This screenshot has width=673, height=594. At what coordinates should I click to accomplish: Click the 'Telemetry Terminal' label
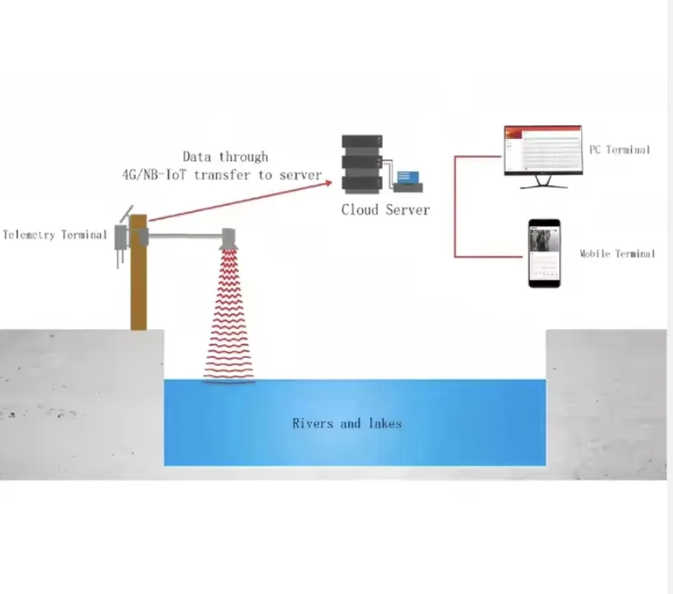[x=54, y=234]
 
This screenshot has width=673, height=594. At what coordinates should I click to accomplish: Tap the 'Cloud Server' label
[x=385, y=210]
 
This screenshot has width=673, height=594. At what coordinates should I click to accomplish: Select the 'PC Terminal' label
[x=619, y=150]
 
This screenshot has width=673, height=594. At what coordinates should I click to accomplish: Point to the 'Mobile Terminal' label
[x=617, y=253]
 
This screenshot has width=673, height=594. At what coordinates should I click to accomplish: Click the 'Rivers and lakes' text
[x=347, y=423]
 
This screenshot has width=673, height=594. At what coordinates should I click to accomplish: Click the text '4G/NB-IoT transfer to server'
[x=217, y=174]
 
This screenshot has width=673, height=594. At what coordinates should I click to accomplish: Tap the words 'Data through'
[x=225, y=156]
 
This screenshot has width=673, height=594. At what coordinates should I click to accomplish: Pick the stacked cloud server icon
[x=362, y=163]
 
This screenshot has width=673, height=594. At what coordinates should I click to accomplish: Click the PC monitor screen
[x=542, y=150]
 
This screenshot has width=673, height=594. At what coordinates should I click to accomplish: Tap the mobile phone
[x=545, y=253]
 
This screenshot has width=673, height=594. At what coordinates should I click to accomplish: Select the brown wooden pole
[x=138, y=280]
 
